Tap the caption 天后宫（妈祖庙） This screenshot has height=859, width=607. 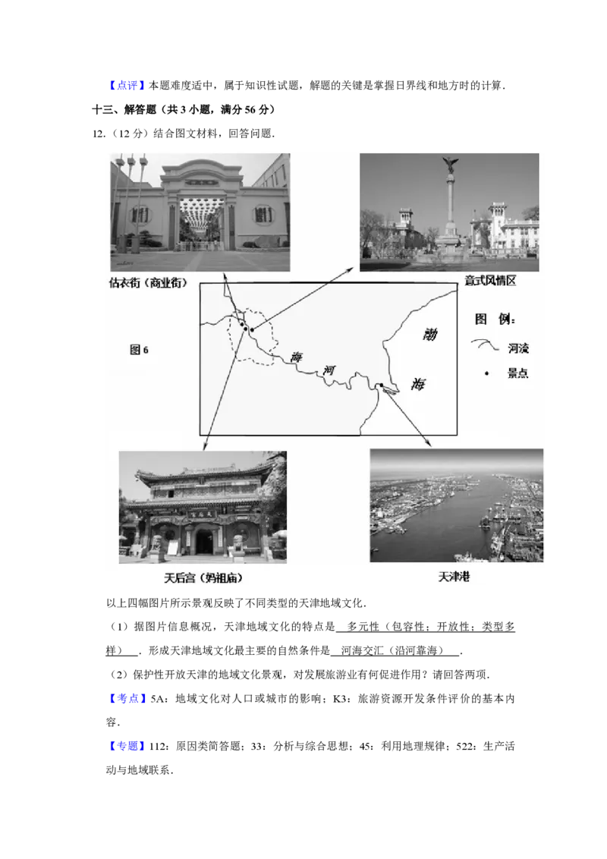pos(204,577)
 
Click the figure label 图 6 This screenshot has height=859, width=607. pos(139,350)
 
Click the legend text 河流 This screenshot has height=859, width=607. pos(518,349)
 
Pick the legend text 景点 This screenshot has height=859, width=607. pos(518,373)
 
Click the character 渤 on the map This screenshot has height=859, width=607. pos(429,334)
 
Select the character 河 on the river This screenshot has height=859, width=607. pos(329,370)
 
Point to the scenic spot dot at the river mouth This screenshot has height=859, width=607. pos(381,386)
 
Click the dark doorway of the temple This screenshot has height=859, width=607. pos(203,541)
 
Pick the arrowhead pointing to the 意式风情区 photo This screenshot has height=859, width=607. pos(354,267)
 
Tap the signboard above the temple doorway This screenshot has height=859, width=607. pos(203,514)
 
